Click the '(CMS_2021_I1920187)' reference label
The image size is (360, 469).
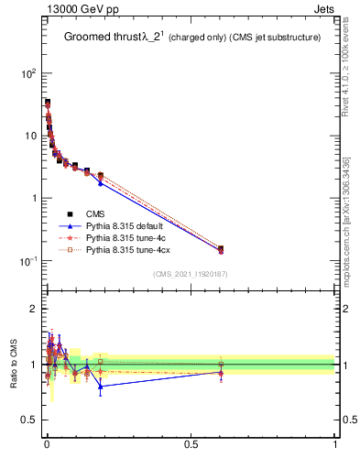191,274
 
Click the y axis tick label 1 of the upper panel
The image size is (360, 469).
33,198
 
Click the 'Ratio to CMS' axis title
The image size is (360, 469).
15,364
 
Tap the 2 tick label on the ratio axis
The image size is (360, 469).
34,309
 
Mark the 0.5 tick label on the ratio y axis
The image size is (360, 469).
29,420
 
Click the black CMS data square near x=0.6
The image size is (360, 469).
220,248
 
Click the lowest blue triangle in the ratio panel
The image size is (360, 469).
100,387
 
